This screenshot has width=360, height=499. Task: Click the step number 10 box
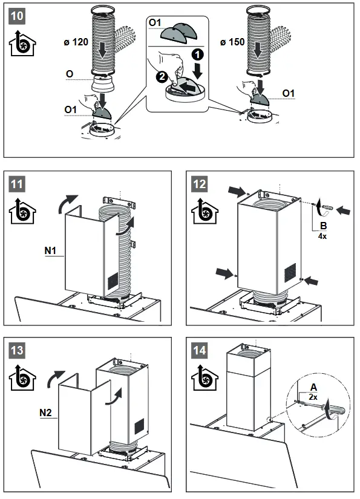pos(17,16)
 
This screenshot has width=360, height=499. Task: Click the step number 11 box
pos(17,184)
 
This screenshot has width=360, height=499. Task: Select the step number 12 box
pos(200,184)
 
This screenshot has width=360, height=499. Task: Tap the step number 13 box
pos(17,350)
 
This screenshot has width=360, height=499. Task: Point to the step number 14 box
pos(200,350)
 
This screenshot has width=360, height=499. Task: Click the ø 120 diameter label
pos(76,42)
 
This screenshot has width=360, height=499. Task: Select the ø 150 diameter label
pos(232,42)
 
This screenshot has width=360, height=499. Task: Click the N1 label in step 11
pos(50,251)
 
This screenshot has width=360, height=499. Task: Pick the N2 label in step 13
pos(45,413)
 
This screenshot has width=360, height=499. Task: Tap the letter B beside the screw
pos(324,226)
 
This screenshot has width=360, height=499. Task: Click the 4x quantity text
pos(322,236)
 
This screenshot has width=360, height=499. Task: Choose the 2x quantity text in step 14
pos(313,397)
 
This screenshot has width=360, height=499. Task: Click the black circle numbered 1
pos(197,54)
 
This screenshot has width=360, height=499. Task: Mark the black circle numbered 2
pos(162,76)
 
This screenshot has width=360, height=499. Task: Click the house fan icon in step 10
pos(22,44)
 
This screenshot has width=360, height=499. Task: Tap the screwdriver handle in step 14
pos(334,409)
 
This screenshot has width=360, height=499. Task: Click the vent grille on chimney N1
pos(113,281)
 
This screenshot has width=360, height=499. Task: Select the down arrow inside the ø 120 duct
pos(102,50)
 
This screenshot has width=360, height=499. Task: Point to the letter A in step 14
pos(313,387)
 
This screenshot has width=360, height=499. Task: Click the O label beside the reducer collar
pos(70,74)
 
